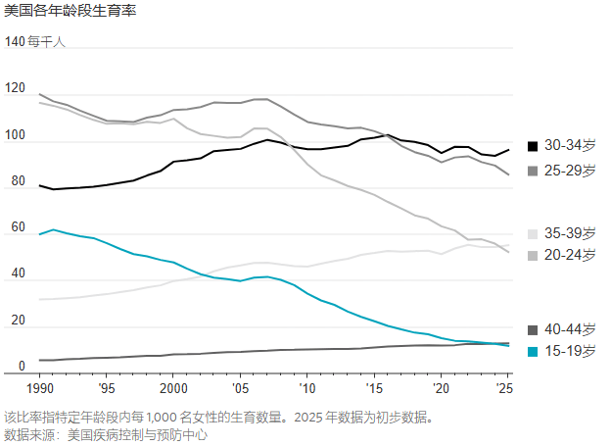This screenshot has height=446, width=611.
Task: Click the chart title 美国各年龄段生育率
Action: click(x=70, y=12)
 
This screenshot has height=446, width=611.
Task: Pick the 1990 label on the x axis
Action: click(x=39, y=387)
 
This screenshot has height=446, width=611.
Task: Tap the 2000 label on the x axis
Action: click(x=172, y=387)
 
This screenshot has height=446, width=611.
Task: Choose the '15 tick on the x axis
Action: click(x=373, y=387)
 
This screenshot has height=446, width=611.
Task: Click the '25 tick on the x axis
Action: click(x=506, y=387)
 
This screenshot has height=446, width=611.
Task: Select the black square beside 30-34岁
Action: click(x=533, y=146)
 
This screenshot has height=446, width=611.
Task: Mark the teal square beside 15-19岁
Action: click(x=533, y=351)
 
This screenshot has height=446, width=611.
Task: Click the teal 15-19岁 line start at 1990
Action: click(x=39, y=234)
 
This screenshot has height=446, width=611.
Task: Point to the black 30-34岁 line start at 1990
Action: click(x=39, y=185)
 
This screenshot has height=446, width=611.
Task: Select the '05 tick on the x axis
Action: click(x=240, y=387)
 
